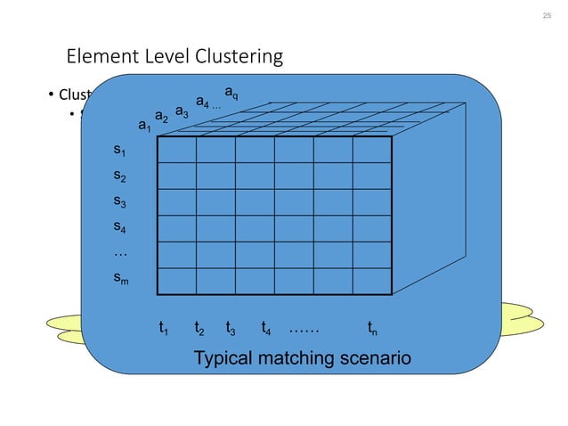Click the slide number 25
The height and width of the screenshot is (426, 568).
(x=547, y=17)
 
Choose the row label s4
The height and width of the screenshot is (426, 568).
(x=119, y=227)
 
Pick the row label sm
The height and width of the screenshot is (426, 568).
(x=120, y=279)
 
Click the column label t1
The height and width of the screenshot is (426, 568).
(x=164, y=328)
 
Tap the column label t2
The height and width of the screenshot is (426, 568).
(x=199, y=328)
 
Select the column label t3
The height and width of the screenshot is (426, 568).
(x=231, y=328)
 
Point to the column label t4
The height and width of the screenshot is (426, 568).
(x=266, y=328)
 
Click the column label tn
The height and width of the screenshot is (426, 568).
(x=372, y=328)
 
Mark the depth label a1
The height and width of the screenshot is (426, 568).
(x=143, y=127)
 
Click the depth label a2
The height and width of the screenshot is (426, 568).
(x=161, y=117)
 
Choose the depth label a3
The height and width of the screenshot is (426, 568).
(x=181, y=111)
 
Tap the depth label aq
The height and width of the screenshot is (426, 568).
(x=231, y=92)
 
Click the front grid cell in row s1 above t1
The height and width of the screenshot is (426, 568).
(x=176, y=151)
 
